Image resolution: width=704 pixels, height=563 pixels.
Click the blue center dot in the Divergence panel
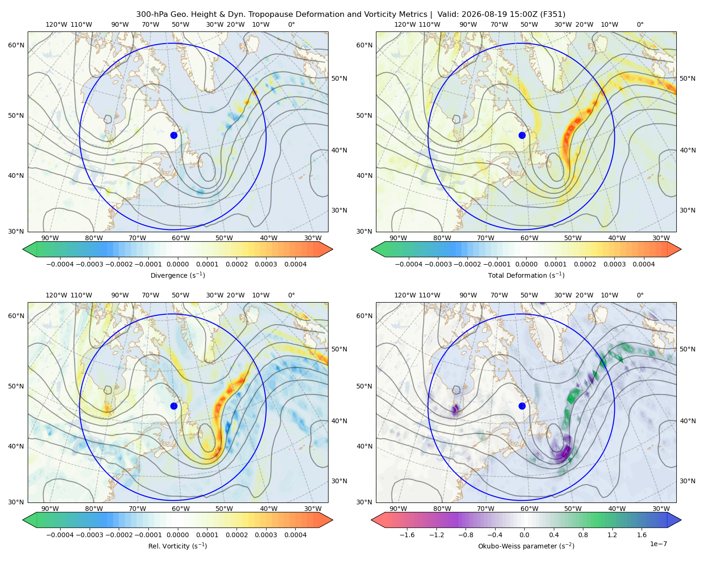(174, 136)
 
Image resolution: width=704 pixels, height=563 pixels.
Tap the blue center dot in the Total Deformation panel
(522, 136)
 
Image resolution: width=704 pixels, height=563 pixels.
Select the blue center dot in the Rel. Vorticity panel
(174, 406)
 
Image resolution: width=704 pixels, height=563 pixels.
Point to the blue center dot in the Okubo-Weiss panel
(522, 406)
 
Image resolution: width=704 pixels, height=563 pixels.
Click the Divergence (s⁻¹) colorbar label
(177, 275)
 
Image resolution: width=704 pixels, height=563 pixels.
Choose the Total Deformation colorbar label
(526, 275)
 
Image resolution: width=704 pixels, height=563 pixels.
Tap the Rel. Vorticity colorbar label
(177, 546)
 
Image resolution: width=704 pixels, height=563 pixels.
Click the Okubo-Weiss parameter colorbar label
(526, 546)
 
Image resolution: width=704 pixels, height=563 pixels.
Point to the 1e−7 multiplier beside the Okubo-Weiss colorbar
(658, 544)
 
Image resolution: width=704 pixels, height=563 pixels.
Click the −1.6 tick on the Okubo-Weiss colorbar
(407, 535)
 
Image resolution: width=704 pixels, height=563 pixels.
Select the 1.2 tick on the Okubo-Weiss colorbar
(612, 535)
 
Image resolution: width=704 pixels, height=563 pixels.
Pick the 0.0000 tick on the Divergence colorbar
(177, 264)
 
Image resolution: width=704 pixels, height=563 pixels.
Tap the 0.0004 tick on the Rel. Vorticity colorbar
(295, 535)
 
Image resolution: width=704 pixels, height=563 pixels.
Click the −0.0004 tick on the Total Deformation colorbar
(409, 264)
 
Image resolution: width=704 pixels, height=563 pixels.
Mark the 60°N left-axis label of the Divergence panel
(16, 45)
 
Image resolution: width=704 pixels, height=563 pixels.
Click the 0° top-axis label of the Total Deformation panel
(640, 24)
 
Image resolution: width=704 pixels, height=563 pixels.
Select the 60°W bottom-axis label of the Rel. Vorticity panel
(181, 509)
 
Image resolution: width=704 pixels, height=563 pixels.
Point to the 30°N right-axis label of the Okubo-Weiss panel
(687, 481)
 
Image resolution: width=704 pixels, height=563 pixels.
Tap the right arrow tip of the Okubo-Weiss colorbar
(681, 520)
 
